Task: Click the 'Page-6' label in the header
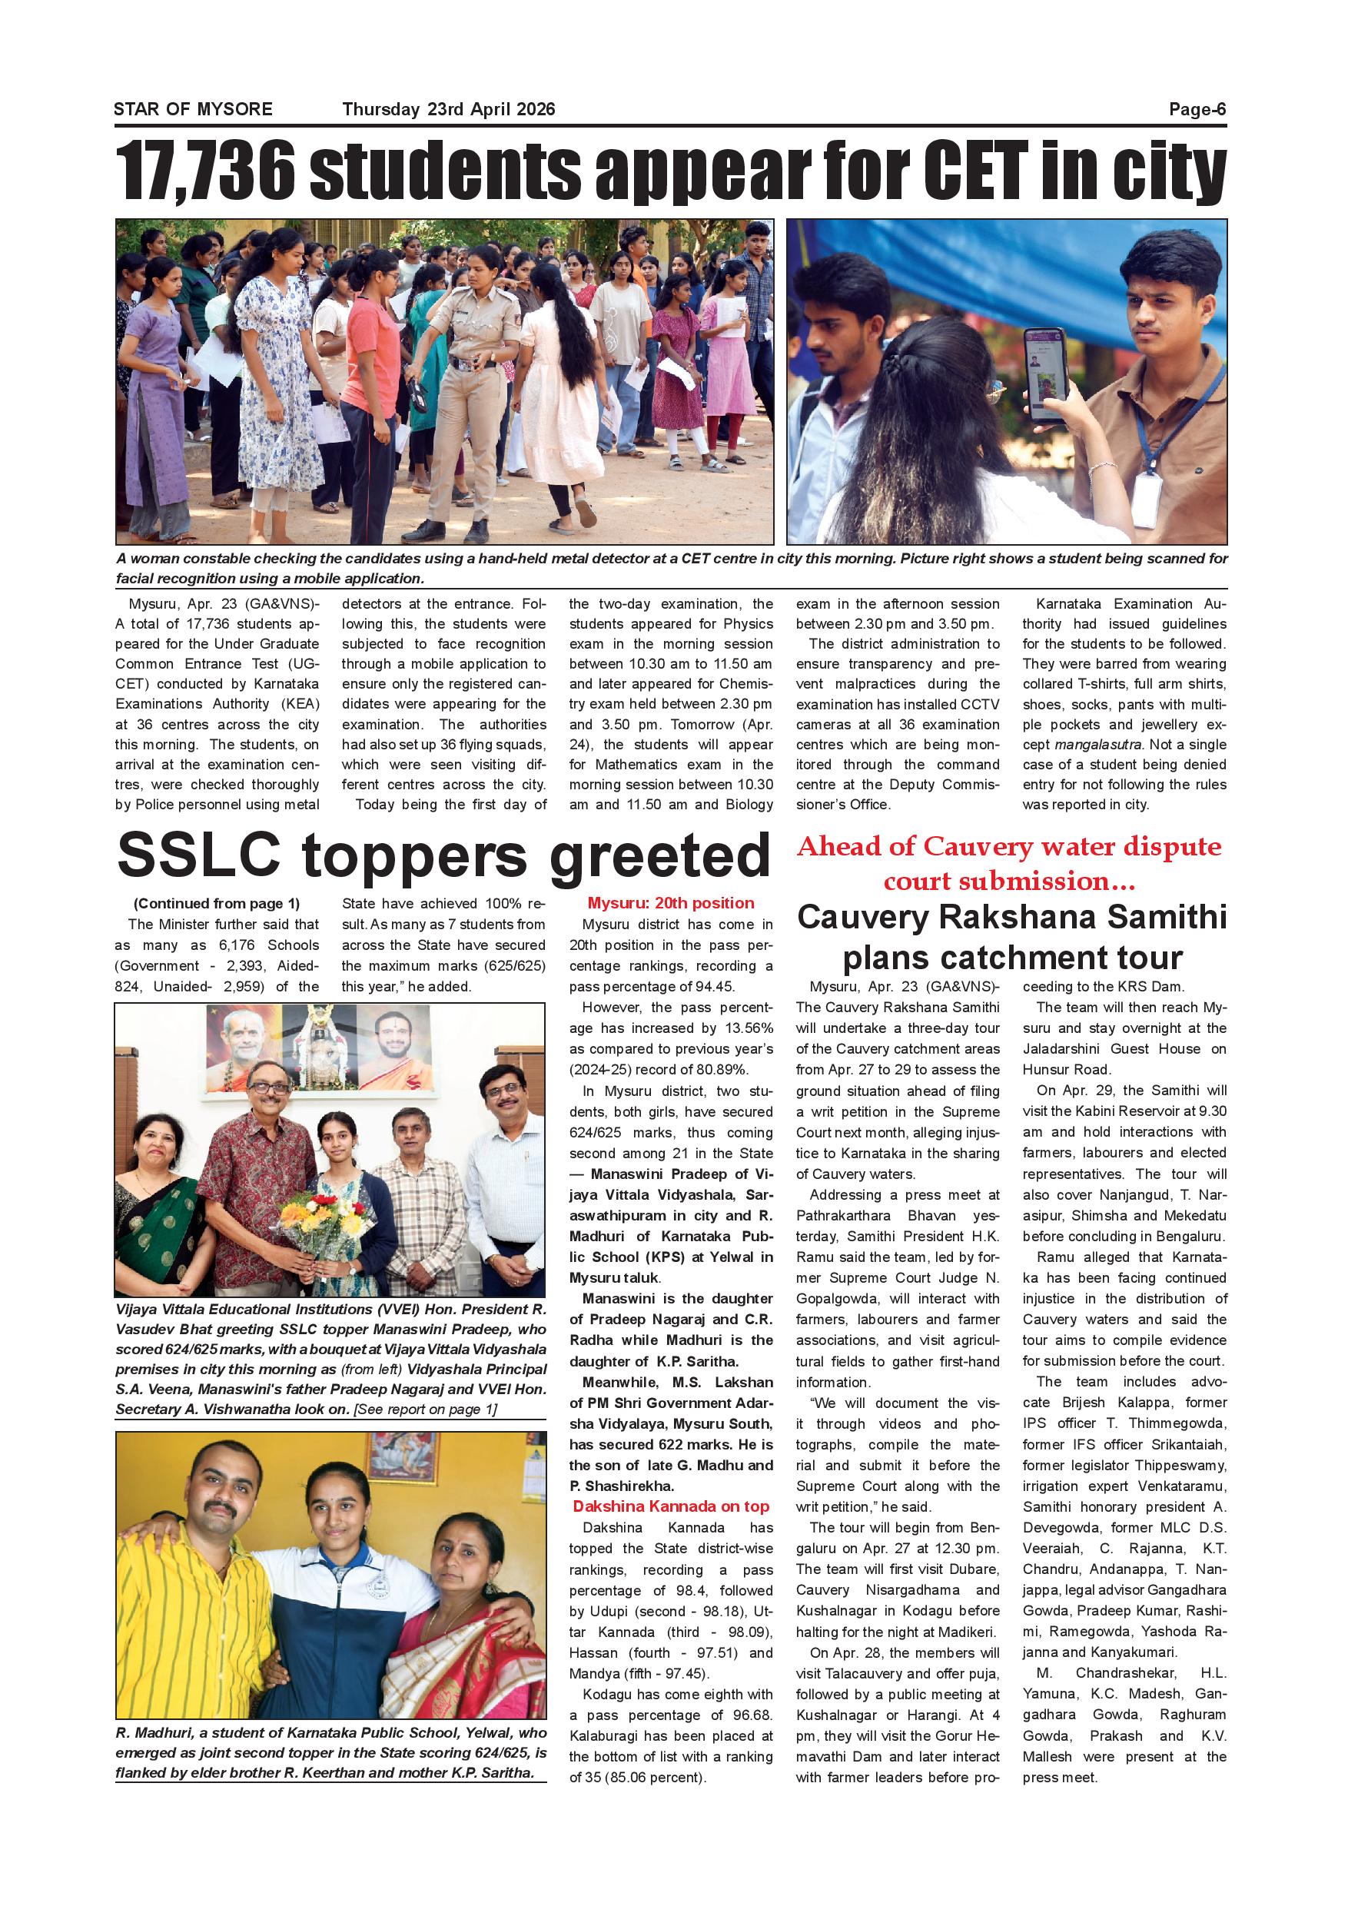[1197, 110]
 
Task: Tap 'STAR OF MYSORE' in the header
[193, 110]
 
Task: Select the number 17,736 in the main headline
[204, 172]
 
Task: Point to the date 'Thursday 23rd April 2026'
[448, 110]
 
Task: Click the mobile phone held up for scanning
[1047, 374]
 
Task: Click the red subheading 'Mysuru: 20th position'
[671, 903]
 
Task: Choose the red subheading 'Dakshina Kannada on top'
[671, 1506]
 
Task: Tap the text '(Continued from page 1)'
[216, 903]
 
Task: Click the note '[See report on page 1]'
[425, 1409]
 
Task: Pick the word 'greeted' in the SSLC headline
[660, 857]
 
